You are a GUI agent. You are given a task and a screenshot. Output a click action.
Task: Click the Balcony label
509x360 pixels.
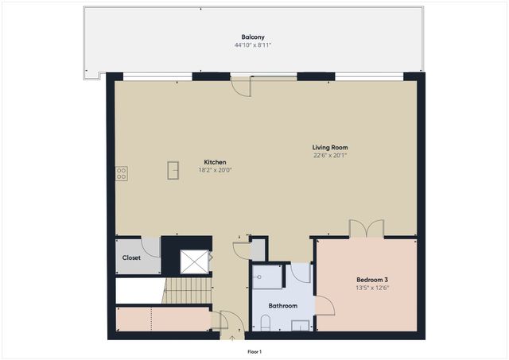[x=254, y=37]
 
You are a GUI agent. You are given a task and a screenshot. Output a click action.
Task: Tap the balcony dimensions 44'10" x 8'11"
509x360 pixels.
[x=254, y=45]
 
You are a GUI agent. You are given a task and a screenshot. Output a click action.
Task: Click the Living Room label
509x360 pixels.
[x=329, y=147]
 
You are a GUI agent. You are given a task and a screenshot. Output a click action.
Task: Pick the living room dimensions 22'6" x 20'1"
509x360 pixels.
[x=329, y=156]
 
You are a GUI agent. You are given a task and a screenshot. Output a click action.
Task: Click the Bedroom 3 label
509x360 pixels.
[x=372, y=280]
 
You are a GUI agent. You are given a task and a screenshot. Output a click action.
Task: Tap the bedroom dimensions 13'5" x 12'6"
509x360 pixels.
[x=372, y=288]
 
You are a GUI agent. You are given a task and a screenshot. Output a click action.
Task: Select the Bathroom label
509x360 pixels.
[x=282, y=305]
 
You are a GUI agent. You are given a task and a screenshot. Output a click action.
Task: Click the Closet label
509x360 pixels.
[x=131, y=257]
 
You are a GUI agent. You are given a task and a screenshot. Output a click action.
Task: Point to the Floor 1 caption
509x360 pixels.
[x=254, y=351]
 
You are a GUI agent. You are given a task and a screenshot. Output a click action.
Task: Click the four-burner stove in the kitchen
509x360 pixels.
[x=121, y=172]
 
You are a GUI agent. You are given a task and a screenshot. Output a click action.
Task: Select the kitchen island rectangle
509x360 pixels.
[x=173, y=170]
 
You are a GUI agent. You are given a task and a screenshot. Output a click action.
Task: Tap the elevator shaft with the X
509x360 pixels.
[x=193, y=261]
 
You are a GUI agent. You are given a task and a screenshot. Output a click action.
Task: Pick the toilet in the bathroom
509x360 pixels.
[x=266, y=322]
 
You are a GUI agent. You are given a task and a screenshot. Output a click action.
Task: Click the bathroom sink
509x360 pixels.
[x=301, y=324]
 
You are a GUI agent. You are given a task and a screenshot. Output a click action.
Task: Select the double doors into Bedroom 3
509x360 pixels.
[x=367, y=229]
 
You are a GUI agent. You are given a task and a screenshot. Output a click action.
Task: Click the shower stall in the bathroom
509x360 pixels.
[x=268, y=277]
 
